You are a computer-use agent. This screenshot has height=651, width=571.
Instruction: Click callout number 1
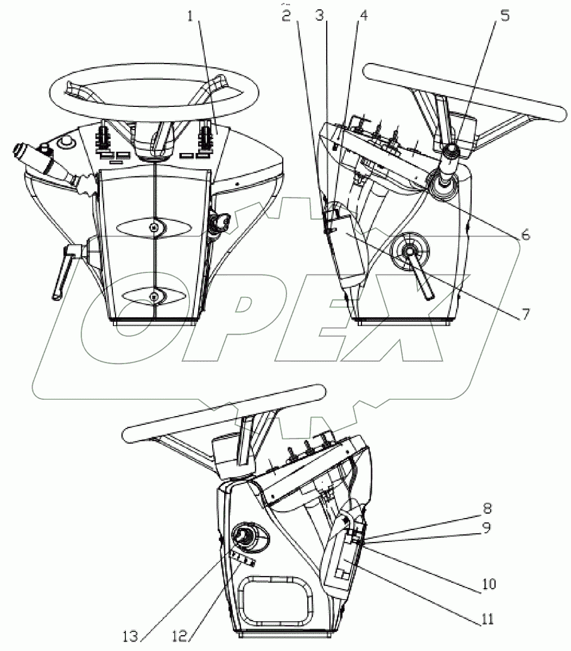click(x=191, y=17)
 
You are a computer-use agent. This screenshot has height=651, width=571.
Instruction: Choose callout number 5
click(x=505, y=15)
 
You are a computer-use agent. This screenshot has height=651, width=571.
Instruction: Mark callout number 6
click(x=525, y=235)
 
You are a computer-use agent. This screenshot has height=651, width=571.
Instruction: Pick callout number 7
click(x=525, y=314)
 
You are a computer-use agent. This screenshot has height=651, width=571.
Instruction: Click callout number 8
click(x=487, y=508)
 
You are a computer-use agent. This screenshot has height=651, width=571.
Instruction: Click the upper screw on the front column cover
click(x=154, y=227)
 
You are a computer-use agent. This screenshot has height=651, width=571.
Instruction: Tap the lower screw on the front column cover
click(x=154, y=295)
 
